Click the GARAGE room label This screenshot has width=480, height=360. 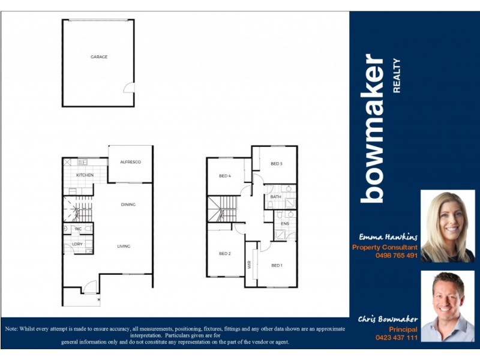tap(99, 57)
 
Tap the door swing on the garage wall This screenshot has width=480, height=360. tap(128, 88)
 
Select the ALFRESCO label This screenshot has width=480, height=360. tap(130, 162)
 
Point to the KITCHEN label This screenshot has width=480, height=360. tap(85, 175)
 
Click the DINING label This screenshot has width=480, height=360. tap(128, 205)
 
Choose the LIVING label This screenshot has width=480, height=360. tap(124, 246)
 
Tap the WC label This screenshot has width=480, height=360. tap(78, 229)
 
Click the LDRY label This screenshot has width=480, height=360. tap(77, 244)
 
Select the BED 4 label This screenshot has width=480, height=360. tap(225, 176)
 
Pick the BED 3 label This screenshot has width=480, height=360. tap(277, 164)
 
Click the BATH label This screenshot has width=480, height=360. tap(275, 197)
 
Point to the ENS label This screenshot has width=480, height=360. tap(285, 224)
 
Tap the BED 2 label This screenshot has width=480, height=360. tap(225, 254)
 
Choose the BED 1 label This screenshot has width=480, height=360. tap(277, 265)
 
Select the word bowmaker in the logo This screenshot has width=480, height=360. tap(373, 128)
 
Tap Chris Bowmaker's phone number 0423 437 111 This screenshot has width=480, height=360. tap(395, 338)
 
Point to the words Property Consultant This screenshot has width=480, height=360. tap(385, 247)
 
